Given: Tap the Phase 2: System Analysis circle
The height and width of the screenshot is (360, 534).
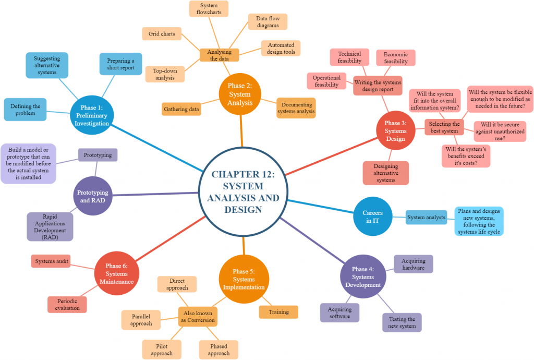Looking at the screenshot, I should click(240, 94).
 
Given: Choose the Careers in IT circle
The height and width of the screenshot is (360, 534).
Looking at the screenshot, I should click(372, 217).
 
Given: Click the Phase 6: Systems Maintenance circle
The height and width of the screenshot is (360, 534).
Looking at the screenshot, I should click(116, 274).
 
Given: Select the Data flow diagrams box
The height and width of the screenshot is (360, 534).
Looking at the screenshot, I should click(268, 22).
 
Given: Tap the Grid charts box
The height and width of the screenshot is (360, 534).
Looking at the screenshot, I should click(161, 34).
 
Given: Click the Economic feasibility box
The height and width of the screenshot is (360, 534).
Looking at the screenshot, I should click(396, 57).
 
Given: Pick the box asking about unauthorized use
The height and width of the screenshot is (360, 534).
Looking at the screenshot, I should click(500, 131).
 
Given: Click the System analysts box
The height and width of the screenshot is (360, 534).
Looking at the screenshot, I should click(426, 218).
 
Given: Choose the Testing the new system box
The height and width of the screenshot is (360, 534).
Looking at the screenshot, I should click(402, 322).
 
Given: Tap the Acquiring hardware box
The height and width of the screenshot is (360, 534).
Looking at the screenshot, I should click(413, 264).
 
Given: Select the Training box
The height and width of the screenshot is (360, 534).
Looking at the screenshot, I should click(278, 312).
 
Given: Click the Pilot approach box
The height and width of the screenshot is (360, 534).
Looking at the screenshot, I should click(162, 349).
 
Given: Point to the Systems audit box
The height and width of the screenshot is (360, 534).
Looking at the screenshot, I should click(52, 261).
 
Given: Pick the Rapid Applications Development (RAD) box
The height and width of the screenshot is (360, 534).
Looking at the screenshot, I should click(50, 226).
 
